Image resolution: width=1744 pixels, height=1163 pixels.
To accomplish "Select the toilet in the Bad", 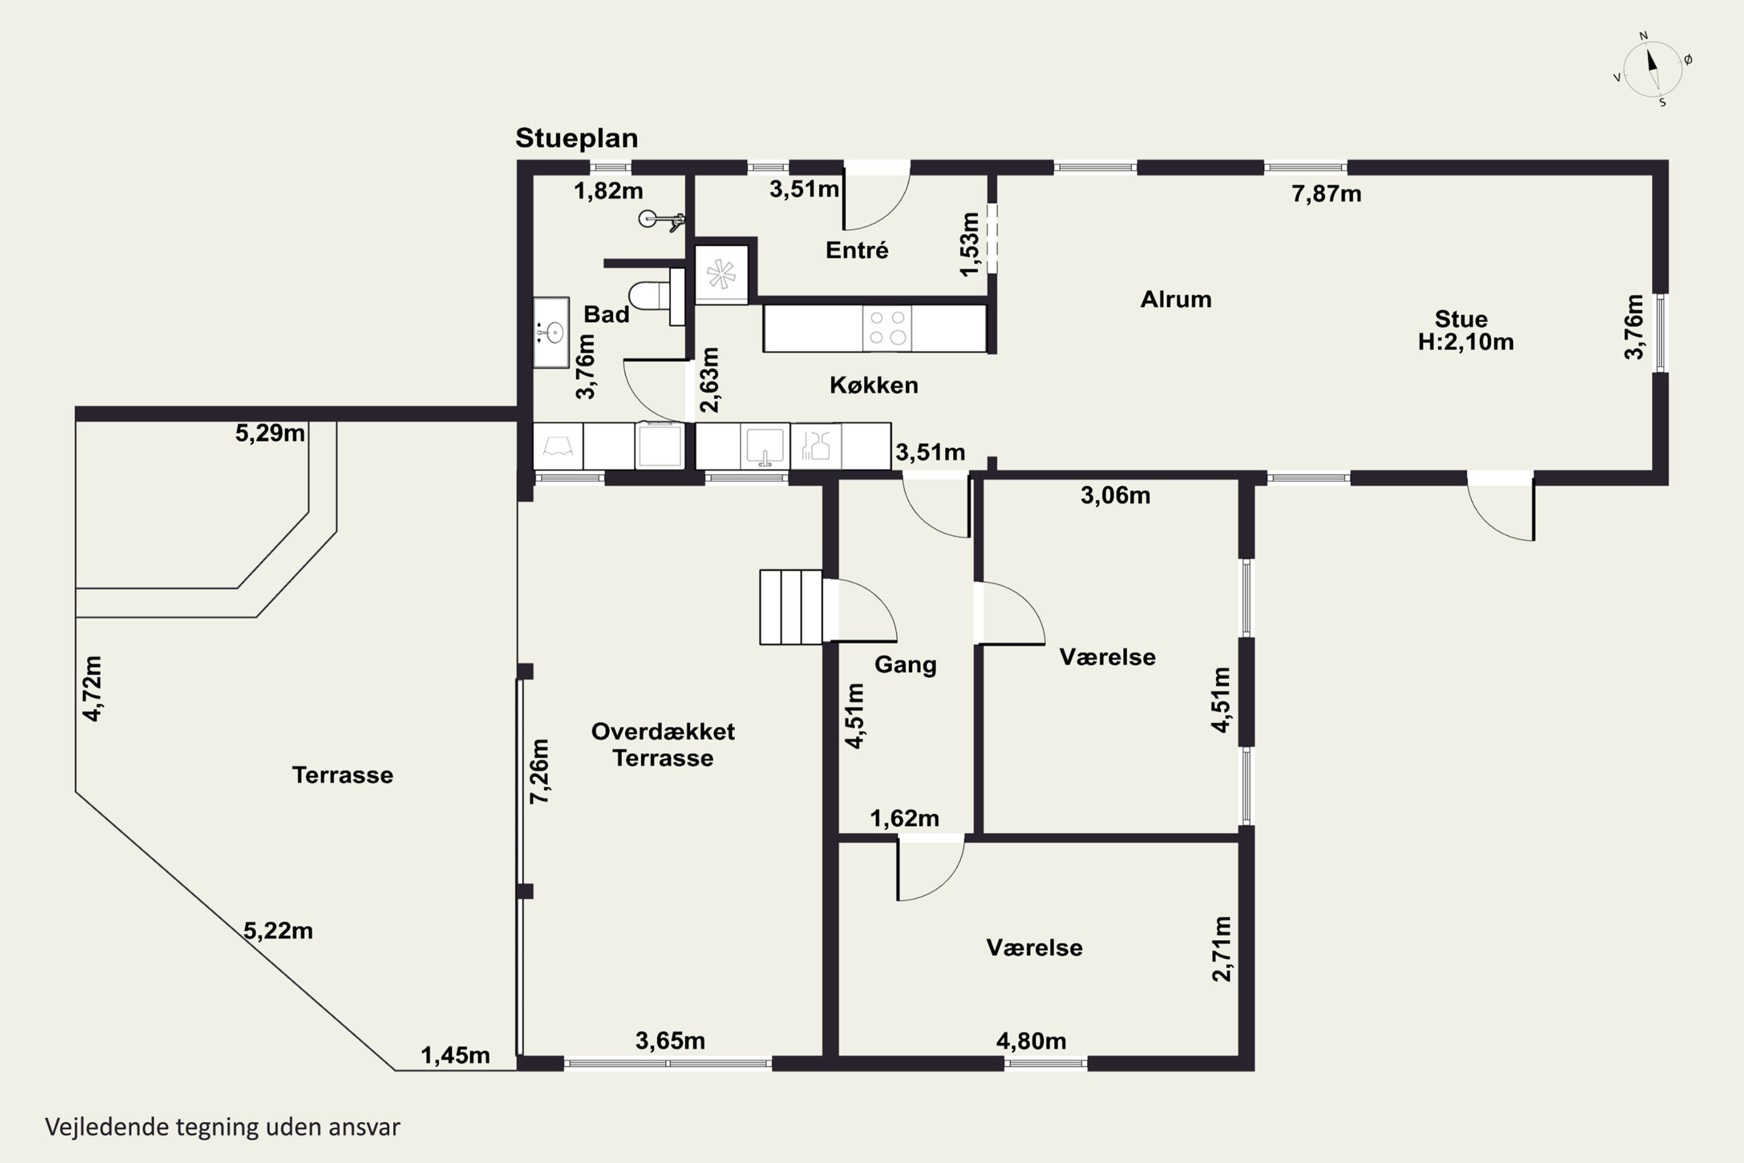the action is (656, 296).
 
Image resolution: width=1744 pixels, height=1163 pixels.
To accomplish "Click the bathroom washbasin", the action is (551, 331).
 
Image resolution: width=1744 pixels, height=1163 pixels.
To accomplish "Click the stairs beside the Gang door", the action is (791, 607).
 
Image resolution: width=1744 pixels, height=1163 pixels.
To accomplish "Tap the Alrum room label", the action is (1176, 299).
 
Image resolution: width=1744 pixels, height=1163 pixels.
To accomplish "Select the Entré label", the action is (856, 249).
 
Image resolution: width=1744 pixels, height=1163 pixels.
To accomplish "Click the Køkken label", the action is (874, 385).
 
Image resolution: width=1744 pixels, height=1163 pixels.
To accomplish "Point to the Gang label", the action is (905, 665).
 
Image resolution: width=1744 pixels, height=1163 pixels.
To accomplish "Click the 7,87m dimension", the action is (1326, 194).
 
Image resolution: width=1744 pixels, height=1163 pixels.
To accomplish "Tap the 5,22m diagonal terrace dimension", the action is (278, 931).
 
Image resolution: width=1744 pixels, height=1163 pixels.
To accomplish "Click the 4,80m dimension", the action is (1031, 1041).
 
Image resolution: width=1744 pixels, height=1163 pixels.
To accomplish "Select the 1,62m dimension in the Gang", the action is (905, 818).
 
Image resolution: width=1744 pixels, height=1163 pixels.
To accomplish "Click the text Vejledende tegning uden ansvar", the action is (223, 1128).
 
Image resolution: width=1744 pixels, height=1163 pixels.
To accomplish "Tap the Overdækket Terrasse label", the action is (663, 745).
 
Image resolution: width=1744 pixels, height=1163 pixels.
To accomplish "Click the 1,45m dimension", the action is (455, 1055).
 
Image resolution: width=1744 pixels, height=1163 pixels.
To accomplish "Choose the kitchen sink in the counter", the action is (764, 447).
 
